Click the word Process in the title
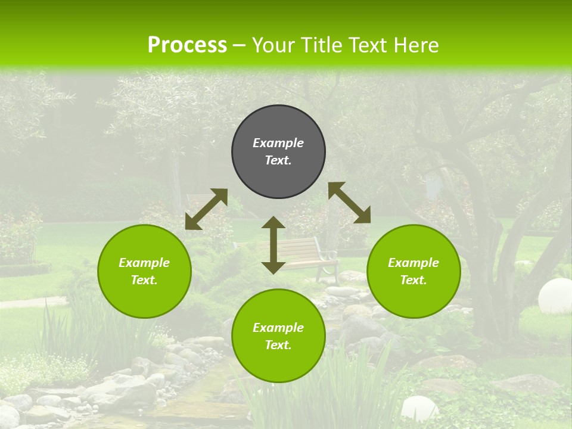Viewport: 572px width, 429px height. pos(187,45)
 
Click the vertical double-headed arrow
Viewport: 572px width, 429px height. pos(273,245)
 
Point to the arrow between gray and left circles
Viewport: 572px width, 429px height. pos(206,209)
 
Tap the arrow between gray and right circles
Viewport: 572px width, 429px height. pos(349,203)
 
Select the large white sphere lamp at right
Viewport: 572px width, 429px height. pos(555,296)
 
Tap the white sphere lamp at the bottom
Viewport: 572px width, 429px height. pos(419,409)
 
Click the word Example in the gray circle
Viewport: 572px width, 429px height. pos(278,143)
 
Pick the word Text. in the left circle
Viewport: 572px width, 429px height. pos(144,280)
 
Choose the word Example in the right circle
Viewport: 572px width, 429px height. pos(414,263)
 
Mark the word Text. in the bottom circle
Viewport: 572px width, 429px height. pos(278,345)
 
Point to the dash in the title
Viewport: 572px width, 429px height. pos(239,45)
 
